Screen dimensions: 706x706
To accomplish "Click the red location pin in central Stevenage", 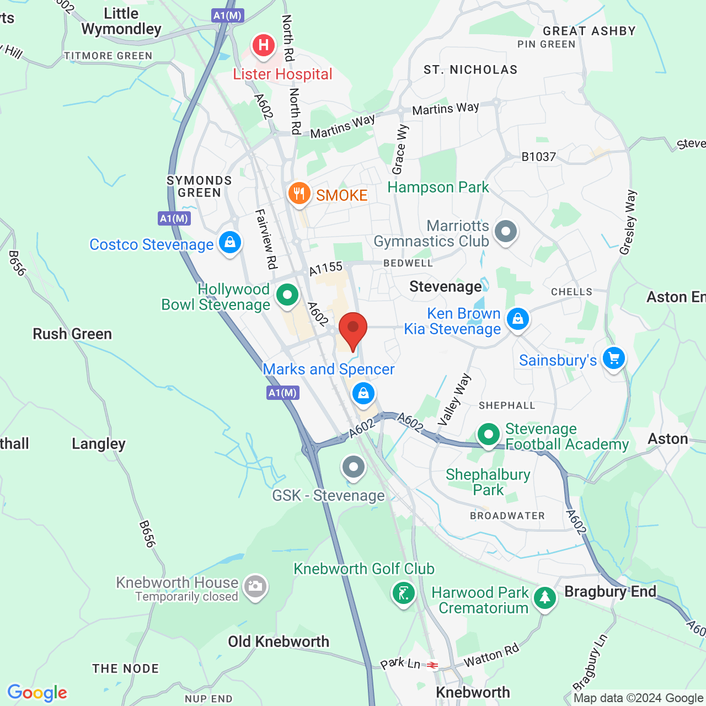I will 352,329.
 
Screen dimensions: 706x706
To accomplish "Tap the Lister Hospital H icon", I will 264,45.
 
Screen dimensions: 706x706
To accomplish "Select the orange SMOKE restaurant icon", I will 299,194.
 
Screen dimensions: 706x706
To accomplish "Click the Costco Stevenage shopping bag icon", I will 229,242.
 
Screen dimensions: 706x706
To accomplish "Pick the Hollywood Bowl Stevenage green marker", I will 287,295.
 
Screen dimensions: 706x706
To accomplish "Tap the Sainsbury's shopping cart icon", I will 613,359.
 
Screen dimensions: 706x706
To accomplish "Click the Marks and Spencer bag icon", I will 363,393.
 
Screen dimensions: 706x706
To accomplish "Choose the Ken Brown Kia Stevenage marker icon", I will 517,319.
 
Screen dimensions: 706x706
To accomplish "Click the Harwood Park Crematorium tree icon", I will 544,597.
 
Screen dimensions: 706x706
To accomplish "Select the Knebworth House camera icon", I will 255,586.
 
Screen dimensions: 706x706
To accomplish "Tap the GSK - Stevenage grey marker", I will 354,467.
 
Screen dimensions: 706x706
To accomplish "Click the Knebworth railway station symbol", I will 432,665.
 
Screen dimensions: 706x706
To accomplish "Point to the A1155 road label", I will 325,269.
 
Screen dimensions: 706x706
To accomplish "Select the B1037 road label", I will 539,157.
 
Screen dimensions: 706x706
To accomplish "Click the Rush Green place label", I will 72,334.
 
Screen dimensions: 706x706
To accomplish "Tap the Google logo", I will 38,693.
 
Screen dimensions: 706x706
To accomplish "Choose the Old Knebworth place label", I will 279,641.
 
